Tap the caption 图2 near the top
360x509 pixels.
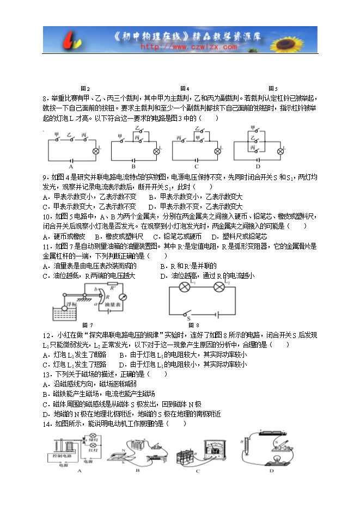[x=85, y=89]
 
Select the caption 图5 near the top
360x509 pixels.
[x=273, y=89]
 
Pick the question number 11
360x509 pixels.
[x=46, y=247]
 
